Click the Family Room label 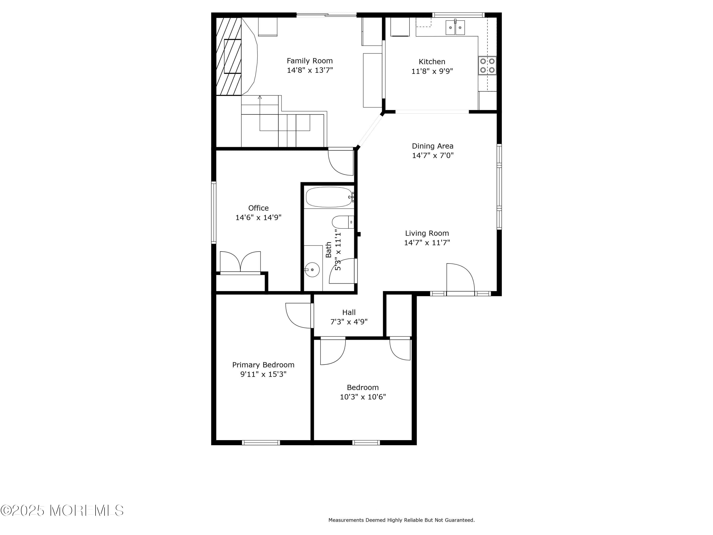(309, 61)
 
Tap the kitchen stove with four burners (487, 65)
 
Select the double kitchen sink (455, 27)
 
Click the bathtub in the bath (329, 197)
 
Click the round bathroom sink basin (312, 270)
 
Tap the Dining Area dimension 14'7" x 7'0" (433, 156)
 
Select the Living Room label (427, 233)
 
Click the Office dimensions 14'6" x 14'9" (258, 217)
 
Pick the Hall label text (349, 312)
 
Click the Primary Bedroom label (263, 365)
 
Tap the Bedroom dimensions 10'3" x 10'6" (363, 397)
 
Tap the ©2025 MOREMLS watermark (62, 511)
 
